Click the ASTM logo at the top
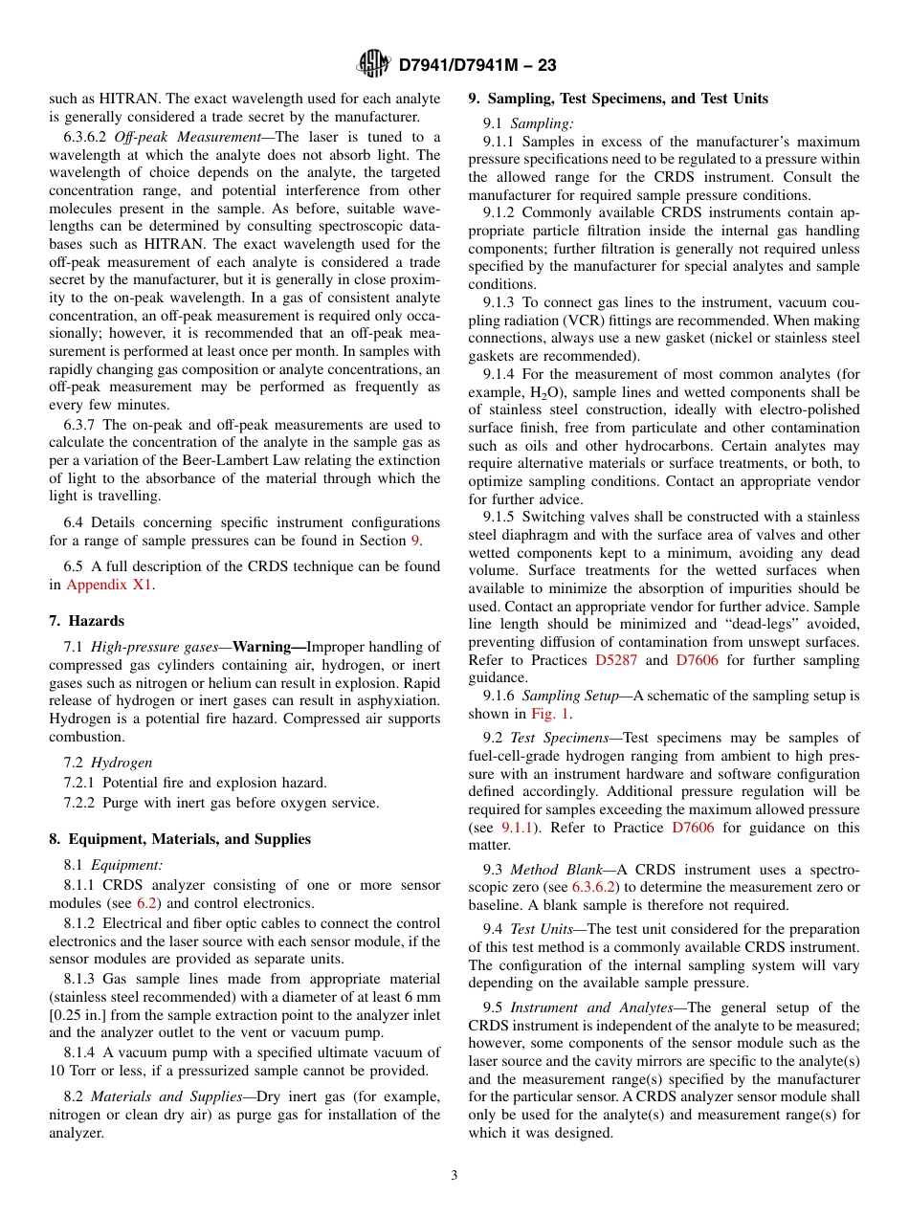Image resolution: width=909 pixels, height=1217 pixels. pyautogui.click(x=373, y=64)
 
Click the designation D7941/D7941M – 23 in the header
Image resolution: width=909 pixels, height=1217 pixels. pyautogui.click(x=476, y=65)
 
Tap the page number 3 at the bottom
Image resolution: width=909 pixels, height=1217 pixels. pyautogui.click(x=454, y=1176)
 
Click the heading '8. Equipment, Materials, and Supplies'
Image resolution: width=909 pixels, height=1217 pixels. pyautogui.click(x=180, y=839)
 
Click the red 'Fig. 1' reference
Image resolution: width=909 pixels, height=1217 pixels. pyautogui.click(x=551, y=714)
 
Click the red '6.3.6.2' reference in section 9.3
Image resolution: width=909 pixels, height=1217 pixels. pyautogui.click(x=595, y=887)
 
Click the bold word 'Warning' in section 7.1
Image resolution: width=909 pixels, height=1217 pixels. pyautogui.click(x=262, y=647)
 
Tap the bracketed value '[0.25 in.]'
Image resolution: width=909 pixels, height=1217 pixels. pyautogui.click(x=80, y=1015)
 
